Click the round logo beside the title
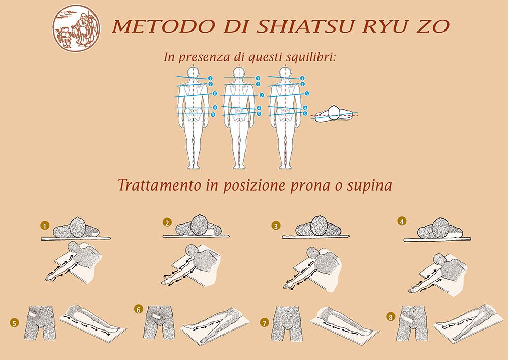pyautogui.click(x=76, y=28)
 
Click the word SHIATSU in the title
pyautogui.click(x=304, y=26)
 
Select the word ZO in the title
pyautogui.click(x=432, y=26)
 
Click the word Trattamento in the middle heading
pyautogui.click(x=159, y=185)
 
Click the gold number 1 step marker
pyautogui.click(x=45, y=225)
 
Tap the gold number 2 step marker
pyautogui.click(x=167, y=223)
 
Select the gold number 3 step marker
pyautogui.click(x=276, y=226)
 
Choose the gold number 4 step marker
pyautogui.click(x=402, y=222)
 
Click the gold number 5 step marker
pyautogui.click(x=15, y=323)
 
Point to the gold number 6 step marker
pyautogui.click(x=138, y=309)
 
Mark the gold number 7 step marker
pyautogui.click(x=265, y=323)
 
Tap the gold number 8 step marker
pyautogui.click(x=390, y=317)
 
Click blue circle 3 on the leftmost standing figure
pyautogui.click(x=215, y=94)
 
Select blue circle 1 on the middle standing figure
pyautogui.click(x=258, y=78)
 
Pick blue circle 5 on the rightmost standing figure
pyautogui.click(x=305, y=114)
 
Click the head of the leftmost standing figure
pyautogui.click(x=194, y=73)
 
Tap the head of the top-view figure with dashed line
pyautogui.click(x=334, y=112)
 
